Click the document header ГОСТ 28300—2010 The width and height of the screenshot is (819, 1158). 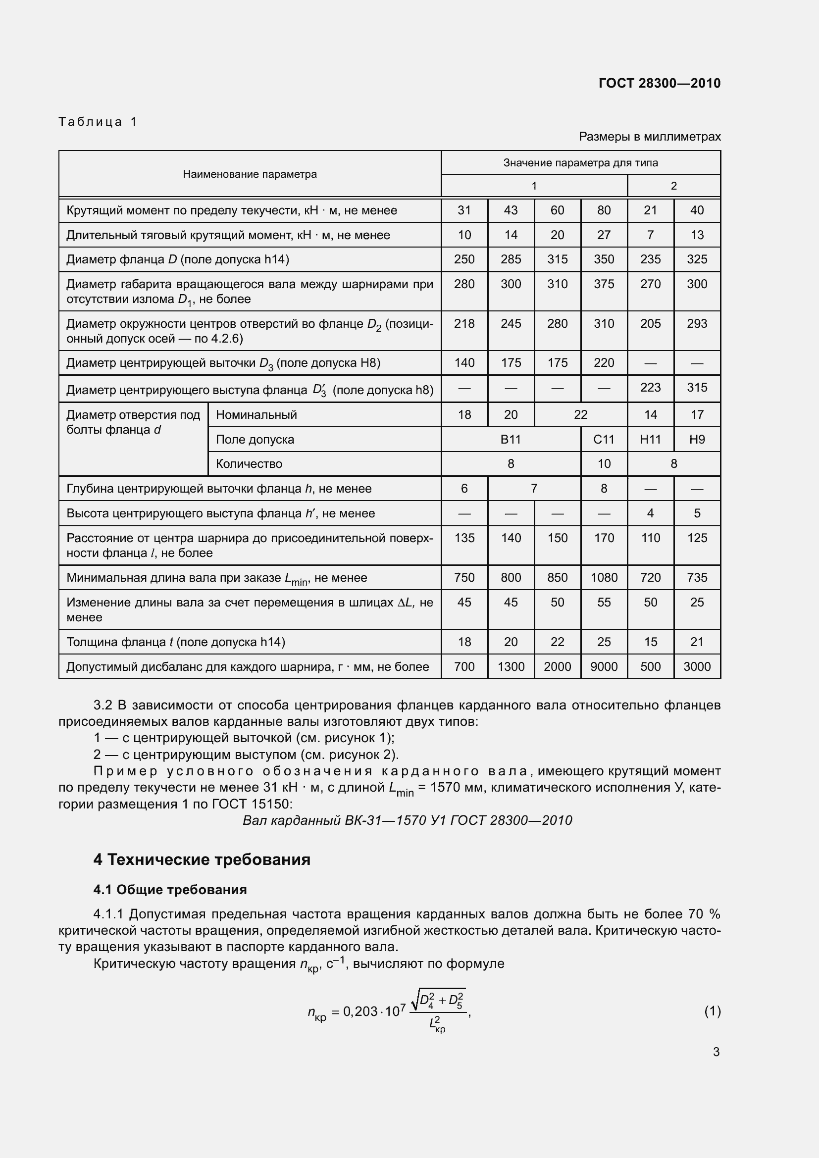659,83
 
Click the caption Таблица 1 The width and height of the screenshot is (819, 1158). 98,122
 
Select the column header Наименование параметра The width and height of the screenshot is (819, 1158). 250,174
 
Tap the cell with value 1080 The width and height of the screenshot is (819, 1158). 604,577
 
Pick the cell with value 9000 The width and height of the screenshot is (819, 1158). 604,667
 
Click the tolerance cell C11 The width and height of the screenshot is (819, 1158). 604,439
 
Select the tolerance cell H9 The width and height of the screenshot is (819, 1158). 697,439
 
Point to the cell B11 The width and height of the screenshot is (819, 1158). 511,439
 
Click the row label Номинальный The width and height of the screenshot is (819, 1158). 256,414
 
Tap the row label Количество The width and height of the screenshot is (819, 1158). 249,463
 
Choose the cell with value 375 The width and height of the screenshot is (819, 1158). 604,284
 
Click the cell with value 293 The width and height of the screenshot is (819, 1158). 697,323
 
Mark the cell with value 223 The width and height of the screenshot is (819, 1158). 650,387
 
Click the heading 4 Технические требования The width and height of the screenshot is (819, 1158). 202,859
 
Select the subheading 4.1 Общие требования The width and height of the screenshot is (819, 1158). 170,890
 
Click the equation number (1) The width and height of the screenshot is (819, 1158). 712,1011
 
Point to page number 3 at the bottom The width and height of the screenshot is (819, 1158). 716,1052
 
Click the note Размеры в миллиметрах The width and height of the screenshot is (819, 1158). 650,137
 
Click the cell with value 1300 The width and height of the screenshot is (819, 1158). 511,667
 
